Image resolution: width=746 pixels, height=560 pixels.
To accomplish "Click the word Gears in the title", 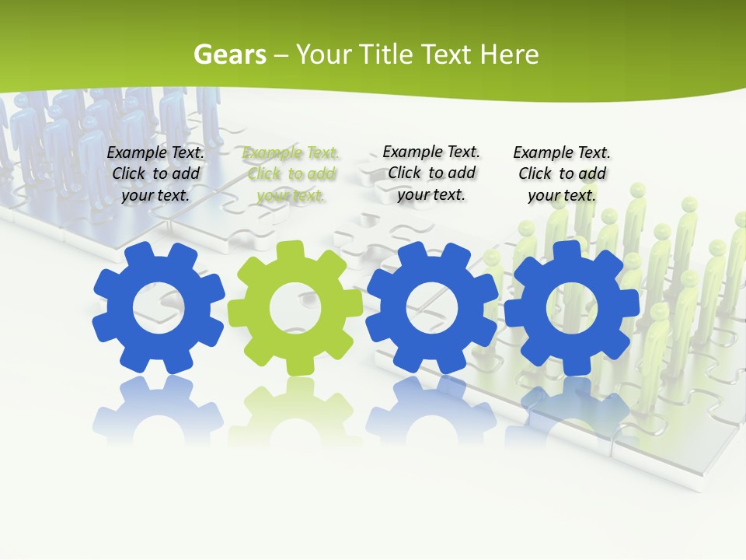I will [229, 54].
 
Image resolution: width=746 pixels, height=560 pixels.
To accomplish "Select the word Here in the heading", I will [509, 54].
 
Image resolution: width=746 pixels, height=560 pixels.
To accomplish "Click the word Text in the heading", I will [448, 54].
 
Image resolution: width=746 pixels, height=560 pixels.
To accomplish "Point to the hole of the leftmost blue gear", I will [159, 307].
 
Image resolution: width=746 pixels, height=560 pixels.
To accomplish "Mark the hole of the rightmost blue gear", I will [572, 307].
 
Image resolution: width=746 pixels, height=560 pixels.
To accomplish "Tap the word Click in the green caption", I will [264, 174].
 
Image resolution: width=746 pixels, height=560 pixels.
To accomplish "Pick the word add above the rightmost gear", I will [592, 173].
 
